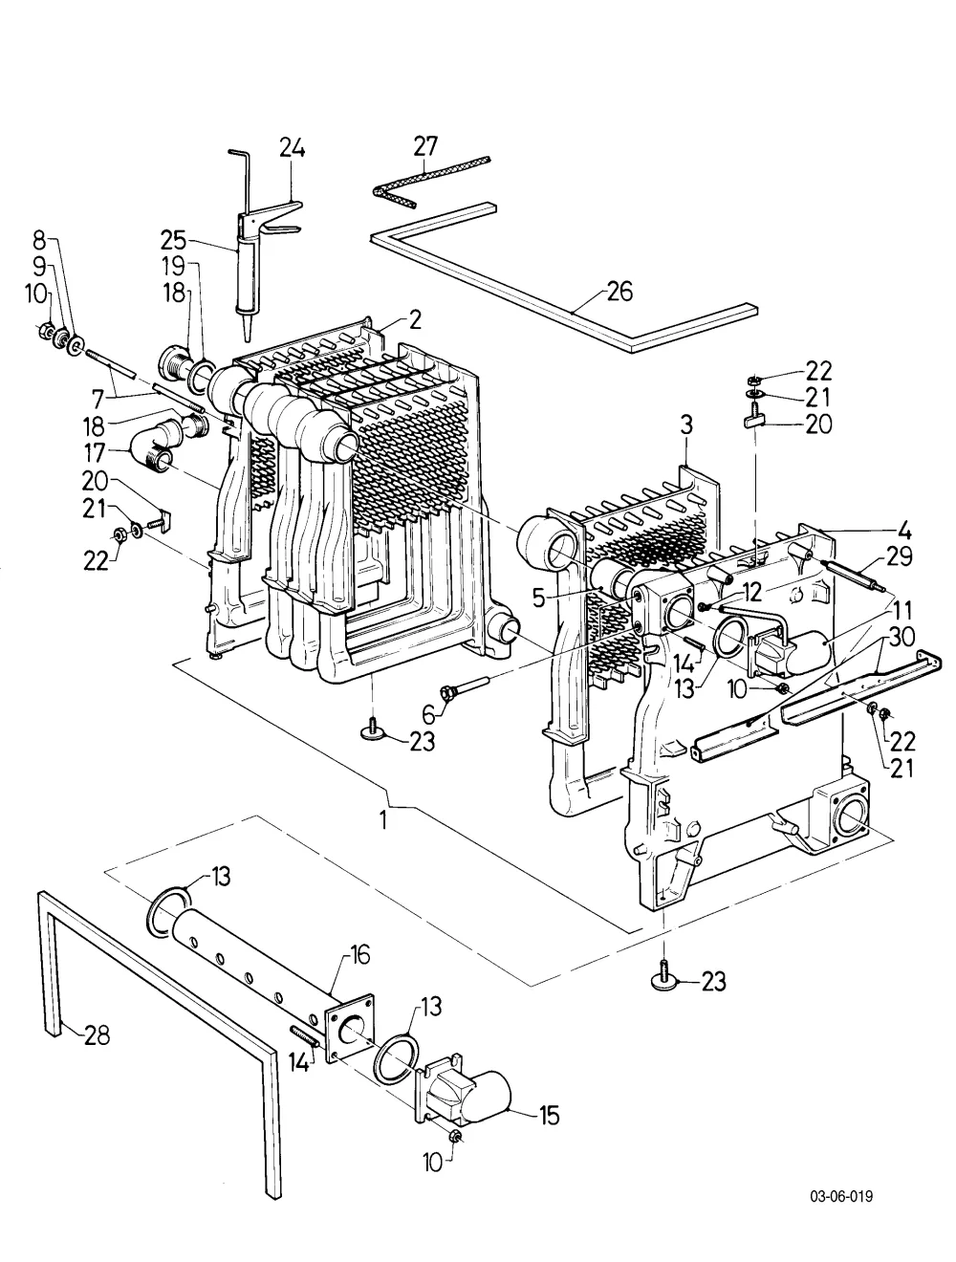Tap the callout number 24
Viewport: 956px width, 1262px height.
point(292,148)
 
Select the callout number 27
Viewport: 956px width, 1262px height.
point(425,146)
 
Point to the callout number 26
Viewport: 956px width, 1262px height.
point(619,292)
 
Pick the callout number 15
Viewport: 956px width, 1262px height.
point(549,1116)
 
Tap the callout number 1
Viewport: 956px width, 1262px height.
point(383,821)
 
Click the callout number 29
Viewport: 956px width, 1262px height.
point(899,556)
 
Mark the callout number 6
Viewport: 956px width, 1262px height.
point(429,714)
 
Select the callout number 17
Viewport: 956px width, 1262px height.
point(95,453)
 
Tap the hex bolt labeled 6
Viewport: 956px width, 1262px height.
point(464,687)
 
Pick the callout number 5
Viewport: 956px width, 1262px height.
point(538,598)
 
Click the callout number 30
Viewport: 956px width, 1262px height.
point(902,636)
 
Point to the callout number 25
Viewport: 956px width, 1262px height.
point(173,240)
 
